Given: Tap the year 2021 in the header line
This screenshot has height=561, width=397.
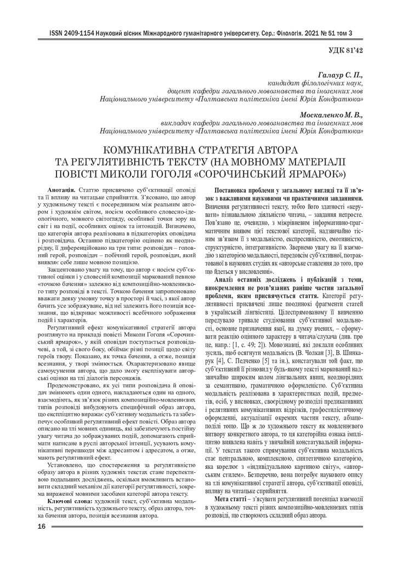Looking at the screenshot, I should (x=309, y=34).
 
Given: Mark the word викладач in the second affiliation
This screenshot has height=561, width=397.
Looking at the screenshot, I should (x=176, y=123).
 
